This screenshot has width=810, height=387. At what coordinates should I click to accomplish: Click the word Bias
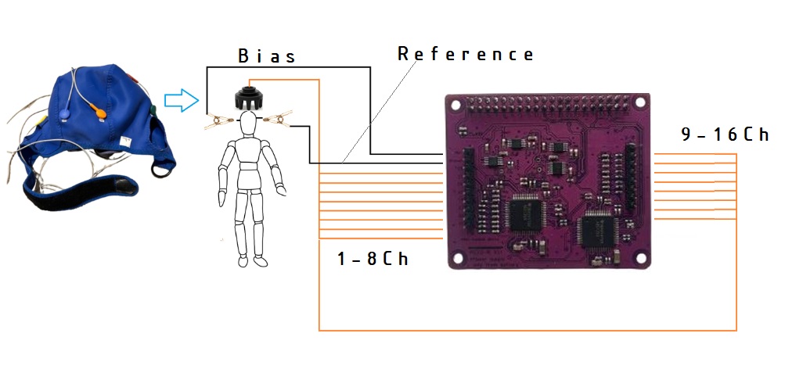click(x=267, y=56)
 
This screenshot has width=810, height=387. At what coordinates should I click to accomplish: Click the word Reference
click(x=466, y=54)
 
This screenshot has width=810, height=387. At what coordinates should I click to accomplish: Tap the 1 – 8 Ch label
click(x=373, y=258)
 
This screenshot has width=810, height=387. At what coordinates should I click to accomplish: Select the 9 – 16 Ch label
click(x=725, y=134)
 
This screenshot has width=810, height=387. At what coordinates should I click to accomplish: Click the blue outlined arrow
click(x=182, y=100)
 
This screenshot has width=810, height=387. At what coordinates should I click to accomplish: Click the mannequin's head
click(x=248, y=124)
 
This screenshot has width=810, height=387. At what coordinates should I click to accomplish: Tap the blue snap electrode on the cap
click(x=65, y=113)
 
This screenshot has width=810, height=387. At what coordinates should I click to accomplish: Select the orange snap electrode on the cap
click(x=98, y=110)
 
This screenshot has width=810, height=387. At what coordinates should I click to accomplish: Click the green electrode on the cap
click(x=153, y=110)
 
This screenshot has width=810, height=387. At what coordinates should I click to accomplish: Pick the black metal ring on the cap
click(x=160, y=170)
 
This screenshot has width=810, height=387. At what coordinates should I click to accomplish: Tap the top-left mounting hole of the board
click(x=455, y=105)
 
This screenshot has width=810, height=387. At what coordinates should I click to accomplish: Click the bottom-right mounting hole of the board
click(x=640, y=257)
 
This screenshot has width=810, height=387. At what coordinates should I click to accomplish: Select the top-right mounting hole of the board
click(x=639, y=102)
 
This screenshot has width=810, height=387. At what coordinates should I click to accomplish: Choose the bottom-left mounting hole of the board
click(x=458, y=257)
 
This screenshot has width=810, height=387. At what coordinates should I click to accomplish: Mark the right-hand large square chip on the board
click(x=597, y=230)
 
